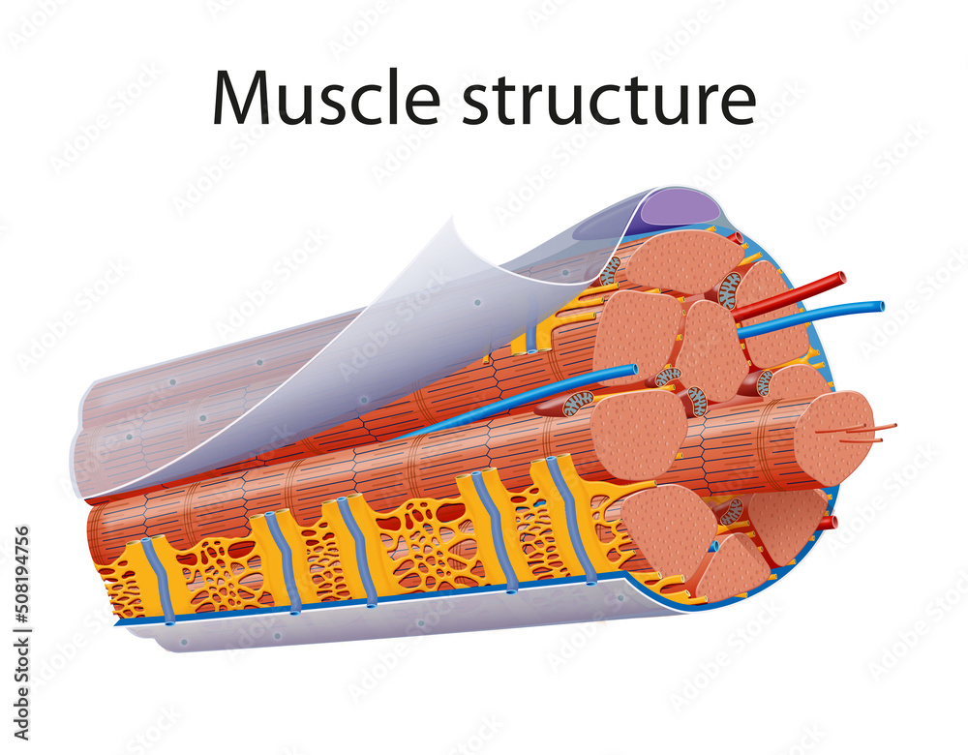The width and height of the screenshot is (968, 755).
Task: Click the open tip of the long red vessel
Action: [x=840, y=278]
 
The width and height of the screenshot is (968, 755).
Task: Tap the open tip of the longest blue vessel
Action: [x=879, y=307]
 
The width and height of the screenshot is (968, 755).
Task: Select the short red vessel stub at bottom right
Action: [x=828, y=523]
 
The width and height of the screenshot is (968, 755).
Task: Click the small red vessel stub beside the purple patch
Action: [x=735, y=238]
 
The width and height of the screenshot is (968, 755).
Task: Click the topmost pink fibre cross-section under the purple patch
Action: [x=682, y=261]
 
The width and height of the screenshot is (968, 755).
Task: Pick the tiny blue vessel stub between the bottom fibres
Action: [x=713, y=547]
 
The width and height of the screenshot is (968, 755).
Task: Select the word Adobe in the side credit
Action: [x=22, y=698]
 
